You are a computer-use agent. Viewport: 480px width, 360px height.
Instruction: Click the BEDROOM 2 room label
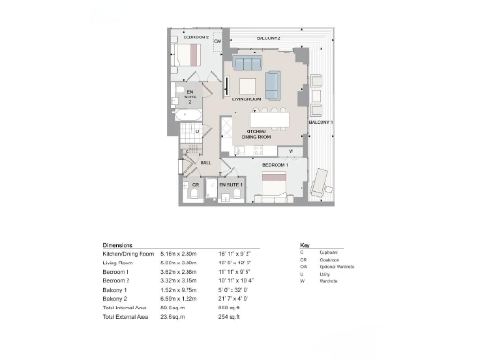coord(195,37)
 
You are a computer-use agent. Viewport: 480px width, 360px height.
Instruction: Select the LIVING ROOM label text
coord(247,97)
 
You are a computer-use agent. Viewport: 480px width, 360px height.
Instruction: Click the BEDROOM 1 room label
coord(275,165)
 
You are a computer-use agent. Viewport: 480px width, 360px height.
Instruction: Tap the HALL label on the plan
coord(205,163)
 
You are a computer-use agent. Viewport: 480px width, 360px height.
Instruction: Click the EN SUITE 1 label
coord(231,185)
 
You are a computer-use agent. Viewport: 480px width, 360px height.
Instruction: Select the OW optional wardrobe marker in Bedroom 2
coord(217,42)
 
